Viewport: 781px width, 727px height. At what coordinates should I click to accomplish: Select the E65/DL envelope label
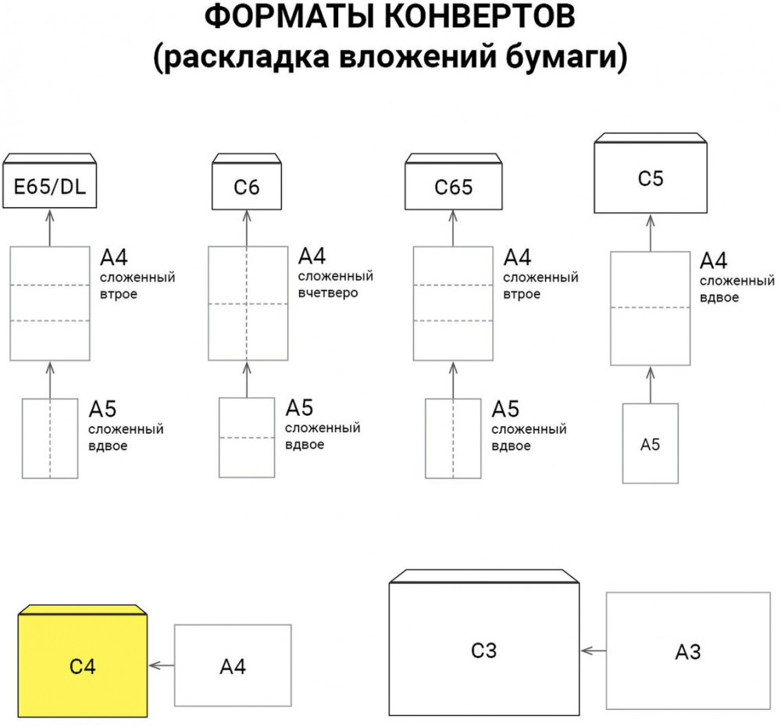click(x=50, y=187)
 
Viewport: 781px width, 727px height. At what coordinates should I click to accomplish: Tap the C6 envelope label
click(x=247, y=188)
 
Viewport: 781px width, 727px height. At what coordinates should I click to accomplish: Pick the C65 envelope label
click(x=453, y=188)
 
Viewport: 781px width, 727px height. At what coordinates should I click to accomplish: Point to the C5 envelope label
click(x=650, y=179)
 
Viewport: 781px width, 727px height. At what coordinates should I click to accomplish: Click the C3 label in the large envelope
click(x=484, y=650)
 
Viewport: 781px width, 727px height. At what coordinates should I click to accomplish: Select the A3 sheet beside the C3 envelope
click(x=687, y=651)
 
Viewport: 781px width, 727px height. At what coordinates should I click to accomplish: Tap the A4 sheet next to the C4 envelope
click(x=233, y=666)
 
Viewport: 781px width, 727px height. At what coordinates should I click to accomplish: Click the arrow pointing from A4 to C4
click(x=161, y=665)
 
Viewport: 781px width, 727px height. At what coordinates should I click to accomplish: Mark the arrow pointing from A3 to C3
click(x=593, y=650)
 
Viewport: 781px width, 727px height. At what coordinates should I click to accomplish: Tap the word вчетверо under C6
click(x=327, y=293)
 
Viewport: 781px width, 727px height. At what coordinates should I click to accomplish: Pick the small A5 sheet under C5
click(x=650, y=443)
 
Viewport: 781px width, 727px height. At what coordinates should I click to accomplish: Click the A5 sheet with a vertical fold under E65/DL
click(x=50, y=438)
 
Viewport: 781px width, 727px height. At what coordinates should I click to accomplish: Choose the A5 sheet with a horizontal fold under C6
click(x=247, y=438)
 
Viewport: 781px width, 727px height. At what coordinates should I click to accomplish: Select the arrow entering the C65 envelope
click(x=453, y=228)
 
